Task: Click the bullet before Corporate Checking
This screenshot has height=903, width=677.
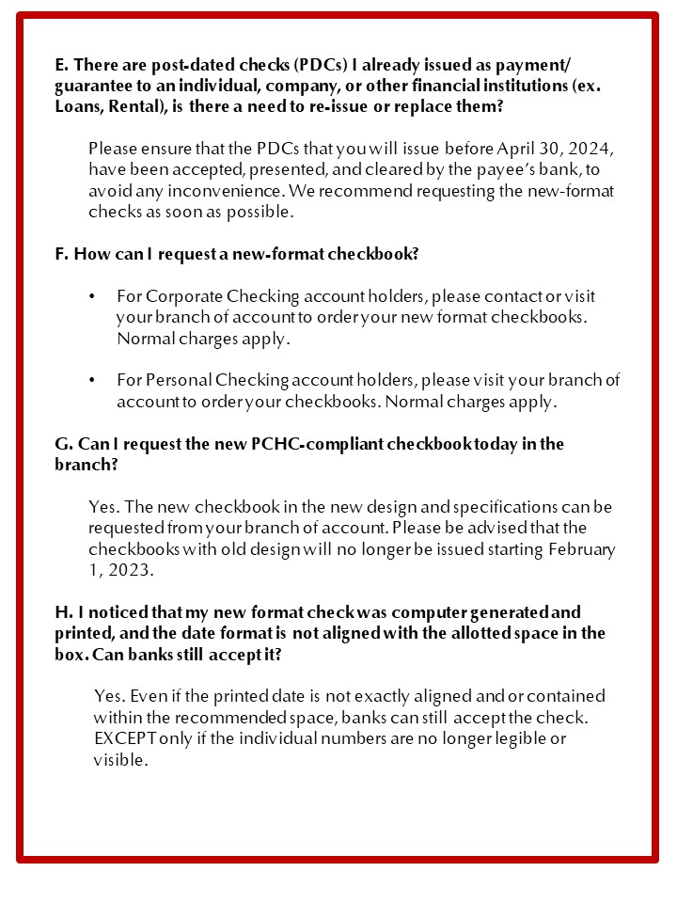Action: tap(91, 297)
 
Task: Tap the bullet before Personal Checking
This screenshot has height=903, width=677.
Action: tap(91, 381)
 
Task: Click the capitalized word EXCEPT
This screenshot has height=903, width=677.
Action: tap(125, 738)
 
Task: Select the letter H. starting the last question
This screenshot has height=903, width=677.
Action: tap(62, 611)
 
